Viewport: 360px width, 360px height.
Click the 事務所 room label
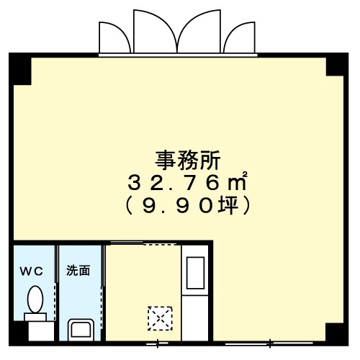[188, 161]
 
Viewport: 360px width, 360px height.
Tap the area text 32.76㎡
[187, 184]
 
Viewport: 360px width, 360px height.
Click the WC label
[32, 271]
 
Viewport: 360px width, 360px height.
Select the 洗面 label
[78, 271]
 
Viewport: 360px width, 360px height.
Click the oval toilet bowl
[35, 300]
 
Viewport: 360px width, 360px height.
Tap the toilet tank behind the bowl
[35, 317]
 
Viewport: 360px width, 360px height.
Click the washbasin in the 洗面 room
[81, 330]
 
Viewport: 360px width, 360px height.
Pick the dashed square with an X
[160, 318]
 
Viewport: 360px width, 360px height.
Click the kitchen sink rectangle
[196, 273]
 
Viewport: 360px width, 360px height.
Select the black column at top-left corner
[20, 69]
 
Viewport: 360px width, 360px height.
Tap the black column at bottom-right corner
[336, 334]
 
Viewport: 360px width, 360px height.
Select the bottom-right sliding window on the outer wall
[269, 343]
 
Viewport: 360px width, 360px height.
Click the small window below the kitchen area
[157, 343]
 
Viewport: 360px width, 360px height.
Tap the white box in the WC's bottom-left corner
[41, 331]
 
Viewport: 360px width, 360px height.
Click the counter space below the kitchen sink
[195, 318]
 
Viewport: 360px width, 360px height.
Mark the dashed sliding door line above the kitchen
[160, 245]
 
